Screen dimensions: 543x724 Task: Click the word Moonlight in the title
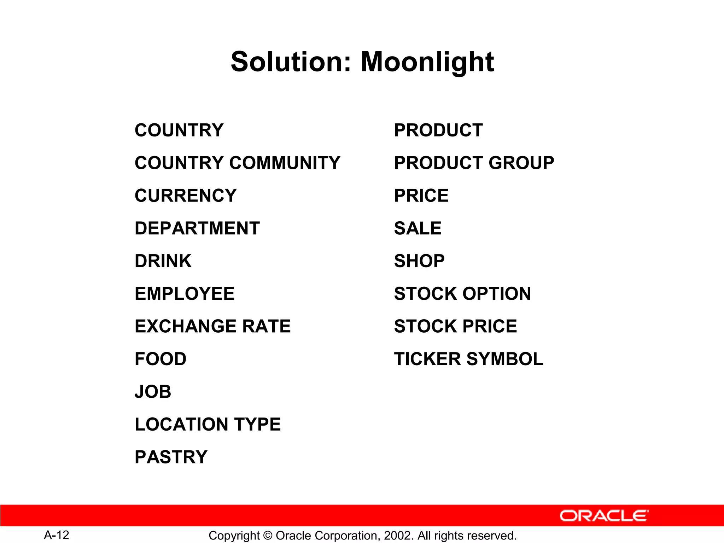click(x=427, y=62)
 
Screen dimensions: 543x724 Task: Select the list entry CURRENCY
click(x=186, y=195)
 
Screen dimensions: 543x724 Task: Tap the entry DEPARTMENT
click(x=197, y=228)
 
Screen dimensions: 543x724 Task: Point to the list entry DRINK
click(x=163, y=261)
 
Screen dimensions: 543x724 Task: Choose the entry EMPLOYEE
click(x=185, y=294)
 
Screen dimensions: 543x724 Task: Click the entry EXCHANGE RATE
click(x=212, y=326)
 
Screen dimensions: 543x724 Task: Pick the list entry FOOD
click(x=160, y=359)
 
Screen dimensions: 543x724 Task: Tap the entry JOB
click(x=153, y=392)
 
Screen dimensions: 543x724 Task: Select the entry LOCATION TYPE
click(x=208, y=424)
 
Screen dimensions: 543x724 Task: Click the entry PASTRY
click(x=171, y=457)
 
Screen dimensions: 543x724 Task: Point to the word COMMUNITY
click(x=285, y=163)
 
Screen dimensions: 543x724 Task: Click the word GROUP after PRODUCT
click(x=521, y=163)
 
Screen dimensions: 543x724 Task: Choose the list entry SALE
click(x=418, y=228)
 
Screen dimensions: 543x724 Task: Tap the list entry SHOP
click(x=419, y=261)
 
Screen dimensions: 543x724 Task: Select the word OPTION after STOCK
click(x=497, y=294)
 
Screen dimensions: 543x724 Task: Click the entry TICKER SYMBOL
click(x=468, y=359)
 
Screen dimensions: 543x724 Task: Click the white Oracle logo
click(x=604, y=516)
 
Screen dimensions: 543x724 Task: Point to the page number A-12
click(x=57, y=535)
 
